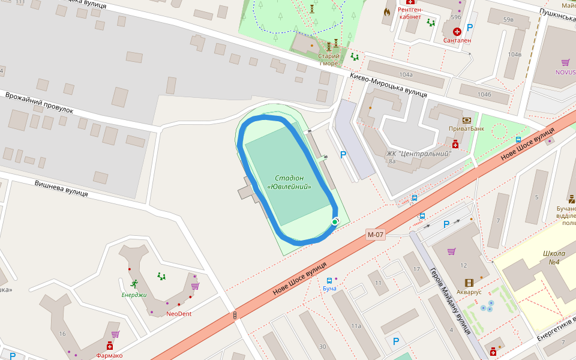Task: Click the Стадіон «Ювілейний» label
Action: click(x=289, y=182)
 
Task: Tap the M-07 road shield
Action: click(x=375, y=235)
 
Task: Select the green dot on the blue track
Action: click(x=335, y=223)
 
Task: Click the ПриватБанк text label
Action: click(x=466, y=129)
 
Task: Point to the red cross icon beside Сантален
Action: click(x=457, y=31)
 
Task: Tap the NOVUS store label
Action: click(x=565, y=72)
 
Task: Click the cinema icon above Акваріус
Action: click(x=469, y=282)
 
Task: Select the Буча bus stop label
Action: click(x=329, y=289)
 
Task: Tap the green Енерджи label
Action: click(x=134, y=295)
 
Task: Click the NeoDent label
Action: click(x=179, y=314)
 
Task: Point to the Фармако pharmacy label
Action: click(x=109, y=355)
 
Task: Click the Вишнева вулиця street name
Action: click(x=61, y=188)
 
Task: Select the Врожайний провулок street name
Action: click(x=39, y=103)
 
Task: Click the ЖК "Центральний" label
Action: click(x=418, y=154)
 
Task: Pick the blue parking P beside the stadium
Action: click(x=343, y=155)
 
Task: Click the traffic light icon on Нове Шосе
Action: click(x=235, y=315)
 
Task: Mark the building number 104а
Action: click(x=406, y=74)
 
